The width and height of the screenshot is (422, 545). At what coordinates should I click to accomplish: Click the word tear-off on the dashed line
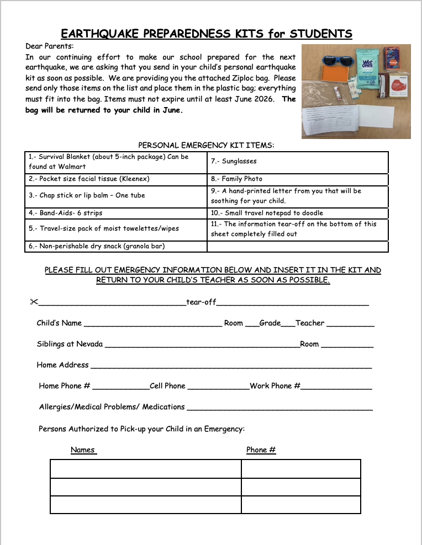click(x=201, y=302)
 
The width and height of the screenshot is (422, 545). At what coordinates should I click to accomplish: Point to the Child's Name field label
click(x=59, y=323)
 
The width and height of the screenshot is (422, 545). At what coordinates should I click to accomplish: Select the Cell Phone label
click(x=167, y=386)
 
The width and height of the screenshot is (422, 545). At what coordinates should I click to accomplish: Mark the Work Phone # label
click(x=275, y=386)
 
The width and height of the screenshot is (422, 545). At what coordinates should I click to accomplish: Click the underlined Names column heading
click(x=83, y=450)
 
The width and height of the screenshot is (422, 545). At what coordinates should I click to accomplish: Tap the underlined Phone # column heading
click(x=261, y=450)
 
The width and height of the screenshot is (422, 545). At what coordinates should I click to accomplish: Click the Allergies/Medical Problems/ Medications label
click(x=112, y=407)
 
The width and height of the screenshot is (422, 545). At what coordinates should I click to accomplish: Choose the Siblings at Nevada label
click(x=70, y=344)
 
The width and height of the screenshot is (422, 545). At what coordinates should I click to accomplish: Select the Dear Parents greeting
click(x=49, y=46)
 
